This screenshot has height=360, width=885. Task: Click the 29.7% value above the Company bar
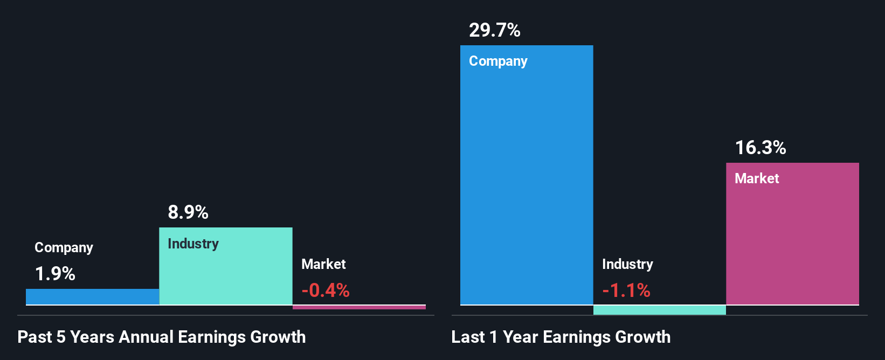(494, 30)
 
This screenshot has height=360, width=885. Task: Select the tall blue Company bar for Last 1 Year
(526, 183)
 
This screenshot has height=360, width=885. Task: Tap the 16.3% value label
(760, 148)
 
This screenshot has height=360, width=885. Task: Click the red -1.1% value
(626, 291)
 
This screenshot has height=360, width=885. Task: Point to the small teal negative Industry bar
(659, 310)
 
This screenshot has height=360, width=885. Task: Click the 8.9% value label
(188, 212)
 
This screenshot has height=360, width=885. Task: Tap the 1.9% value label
(55, 274)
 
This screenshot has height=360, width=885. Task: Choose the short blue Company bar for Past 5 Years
(92, 297)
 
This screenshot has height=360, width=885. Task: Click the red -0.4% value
(325, 291)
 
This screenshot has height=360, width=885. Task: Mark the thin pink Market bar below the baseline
(359, 307)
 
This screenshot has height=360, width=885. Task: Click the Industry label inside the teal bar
(193, 244)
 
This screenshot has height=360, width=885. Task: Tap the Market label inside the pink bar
(756, 178)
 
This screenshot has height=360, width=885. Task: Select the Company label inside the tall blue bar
(497, 61)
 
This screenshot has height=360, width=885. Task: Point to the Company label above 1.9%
(64, 247)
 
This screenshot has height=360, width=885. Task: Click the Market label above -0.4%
(323, 264)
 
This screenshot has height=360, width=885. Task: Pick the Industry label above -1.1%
(627, 264)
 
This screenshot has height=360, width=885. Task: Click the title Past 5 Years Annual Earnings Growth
(161, 337)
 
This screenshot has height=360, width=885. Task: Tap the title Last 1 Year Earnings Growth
(561, 337)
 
